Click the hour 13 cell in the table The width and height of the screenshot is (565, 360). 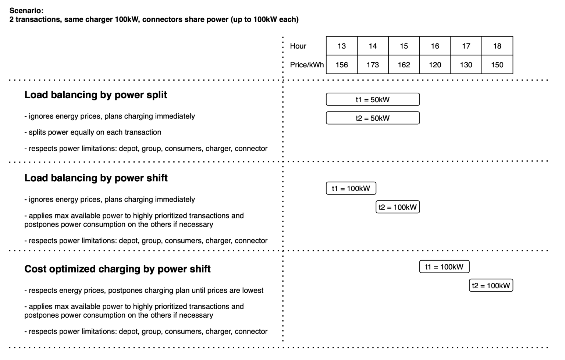click(341, 46)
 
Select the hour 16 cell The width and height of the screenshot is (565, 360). click(435, 46)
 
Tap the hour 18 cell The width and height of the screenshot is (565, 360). click(497, 46)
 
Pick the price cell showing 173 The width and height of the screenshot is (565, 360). click(373, 65)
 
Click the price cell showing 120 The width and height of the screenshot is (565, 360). click(435, 65)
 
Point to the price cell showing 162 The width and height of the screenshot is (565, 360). click(404, 65)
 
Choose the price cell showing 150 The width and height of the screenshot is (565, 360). click(497, 65)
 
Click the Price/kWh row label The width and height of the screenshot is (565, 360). click(307, 65)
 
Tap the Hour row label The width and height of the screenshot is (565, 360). click(298, 46)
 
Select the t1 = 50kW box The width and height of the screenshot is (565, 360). click(373, 99)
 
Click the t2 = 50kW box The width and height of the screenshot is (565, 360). click(373, 118)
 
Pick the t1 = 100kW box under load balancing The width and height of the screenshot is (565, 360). click(351, 188)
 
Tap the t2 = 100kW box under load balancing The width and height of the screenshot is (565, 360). click(398, 207)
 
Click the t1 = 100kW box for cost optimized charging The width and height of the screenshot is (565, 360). click(444, 267)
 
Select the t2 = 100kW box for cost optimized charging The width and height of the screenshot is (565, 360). click(491, 285)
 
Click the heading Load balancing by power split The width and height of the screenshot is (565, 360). click(96, 95)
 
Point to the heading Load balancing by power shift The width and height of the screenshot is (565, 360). click(96, 178)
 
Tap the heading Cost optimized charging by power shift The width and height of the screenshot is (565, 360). click(117, 269)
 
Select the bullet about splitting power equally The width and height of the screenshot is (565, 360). click(93, 132)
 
